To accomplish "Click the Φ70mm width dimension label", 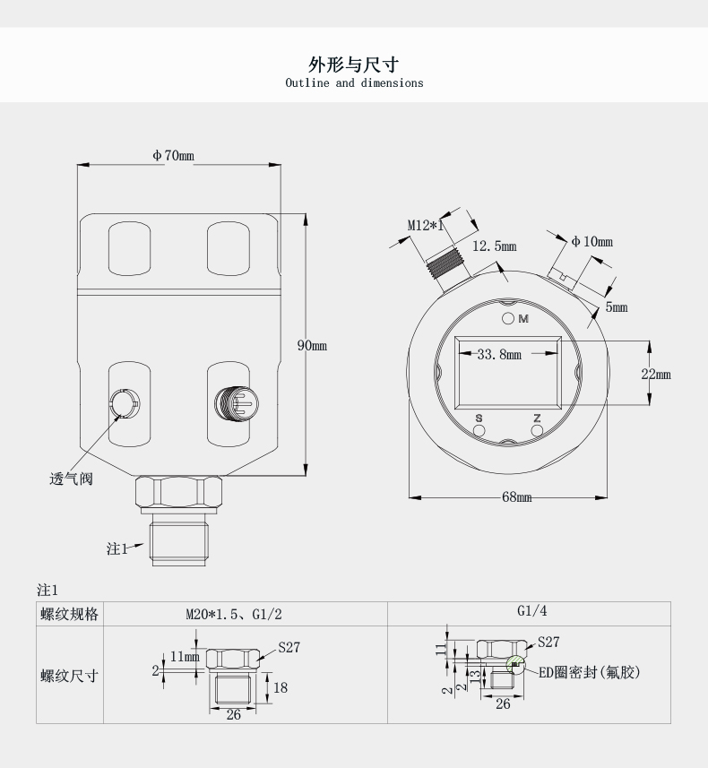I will coord(173,156).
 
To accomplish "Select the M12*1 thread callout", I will coord(427,226).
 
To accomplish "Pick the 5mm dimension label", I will coord(617,307).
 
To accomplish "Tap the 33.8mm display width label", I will coord(499,355).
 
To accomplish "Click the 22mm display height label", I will coord(655,374).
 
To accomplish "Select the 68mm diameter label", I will coord(516,497).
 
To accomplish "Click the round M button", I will coord(507,319).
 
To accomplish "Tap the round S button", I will coord(479,431).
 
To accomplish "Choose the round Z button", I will coord(537,431).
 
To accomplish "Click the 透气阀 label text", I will coord(71,479).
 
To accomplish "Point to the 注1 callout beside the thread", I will coord(117,548).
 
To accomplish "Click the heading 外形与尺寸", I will coord(353,65).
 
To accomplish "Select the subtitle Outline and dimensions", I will coord(354,83).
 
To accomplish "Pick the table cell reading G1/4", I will coord(531,611).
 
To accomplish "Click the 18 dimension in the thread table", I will coord(281,687).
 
